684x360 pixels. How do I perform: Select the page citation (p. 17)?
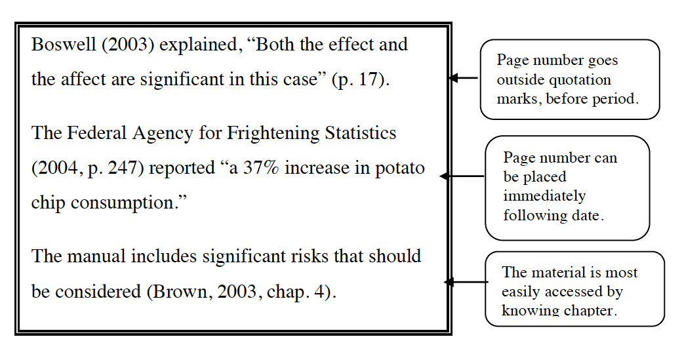(359, 80)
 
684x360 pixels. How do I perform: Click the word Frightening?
(273, 133)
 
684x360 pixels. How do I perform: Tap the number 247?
(125, 168)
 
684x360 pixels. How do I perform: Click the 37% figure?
(260, 168)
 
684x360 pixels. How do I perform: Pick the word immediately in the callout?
(544, 196)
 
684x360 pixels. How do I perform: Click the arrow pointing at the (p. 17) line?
(464, 78)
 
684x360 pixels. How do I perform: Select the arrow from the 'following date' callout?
(462, 176)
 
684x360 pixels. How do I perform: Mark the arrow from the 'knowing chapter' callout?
(466, 283)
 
